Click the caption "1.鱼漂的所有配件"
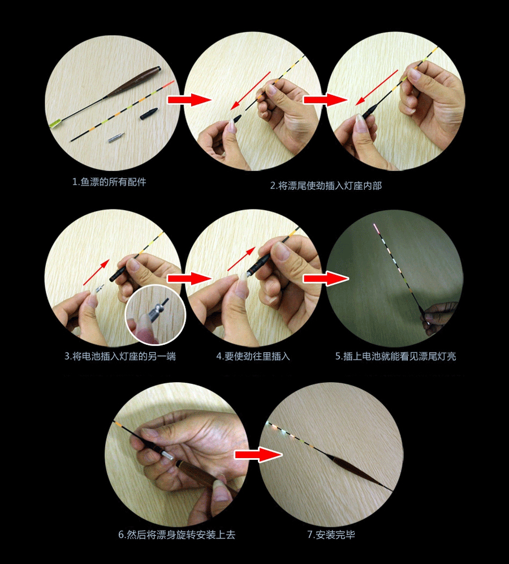tap(109, 182)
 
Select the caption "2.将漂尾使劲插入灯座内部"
tap(326, 186)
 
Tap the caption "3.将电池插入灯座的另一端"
tap(120, 356)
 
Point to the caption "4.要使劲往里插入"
tap(253, 356)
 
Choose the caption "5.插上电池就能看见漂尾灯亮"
tap(395, 356)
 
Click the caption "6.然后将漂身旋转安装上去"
tap(176, 535)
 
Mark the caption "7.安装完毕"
tap(331, 535)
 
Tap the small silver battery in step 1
tap(117, 138)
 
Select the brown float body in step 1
tap(132, 82)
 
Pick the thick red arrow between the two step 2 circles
tap(325, 99)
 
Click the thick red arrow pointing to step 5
tap(326, 278)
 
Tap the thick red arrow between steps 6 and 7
tap(258, 454)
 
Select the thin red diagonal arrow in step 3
tap(96, 272)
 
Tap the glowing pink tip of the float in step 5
tap(376, 228)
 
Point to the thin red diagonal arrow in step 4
tap(241, 259)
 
